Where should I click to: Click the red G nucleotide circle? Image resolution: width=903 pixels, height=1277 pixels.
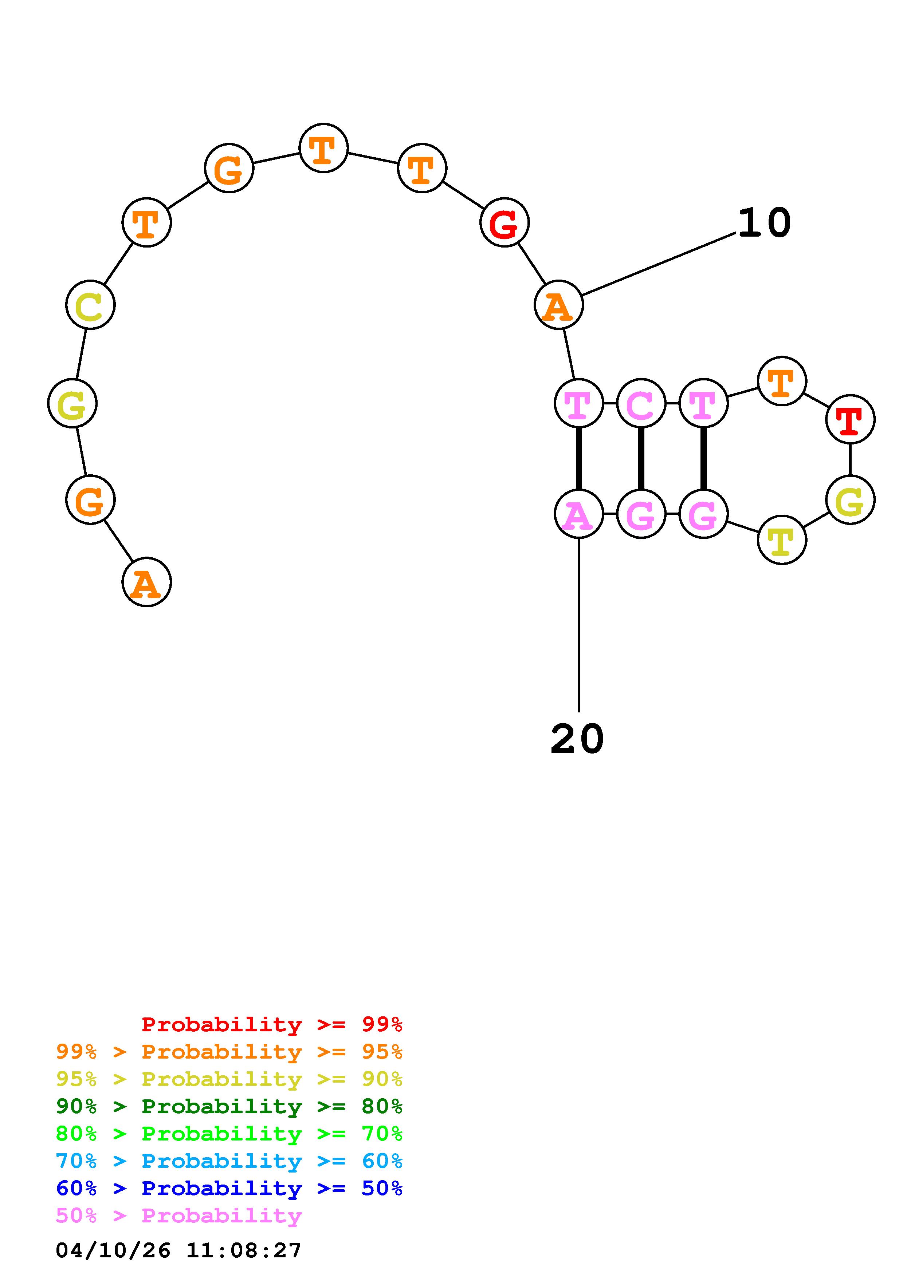(x=504, y=222)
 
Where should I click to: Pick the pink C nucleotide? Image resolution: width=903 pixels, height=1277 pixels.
(x=641, y=403)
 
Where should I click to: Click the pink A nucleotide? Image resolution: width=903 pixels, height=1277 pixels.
(x=579, y=514)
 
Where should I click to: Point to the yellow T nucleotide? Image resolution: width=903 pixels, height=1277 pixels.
(x=782, y=539)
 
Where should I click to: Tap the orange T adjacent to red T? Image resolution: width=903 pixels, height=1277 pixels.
(x=782, y=381)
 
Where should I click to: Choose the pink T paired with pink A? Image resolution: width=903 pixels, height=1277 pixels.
(x=579, y=403)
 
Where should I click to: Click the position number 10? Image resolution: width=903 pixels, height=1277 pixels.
(x=764, y=223)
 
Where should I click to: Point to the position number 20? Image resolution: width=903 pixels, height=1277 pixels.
(x=577, y=739)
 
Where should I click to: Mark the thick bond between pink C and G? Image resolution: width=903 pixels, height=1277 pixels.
(x=641, y=458)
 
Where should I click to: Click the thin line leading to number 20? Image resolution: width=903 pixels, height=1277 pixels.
(x=579, y=623)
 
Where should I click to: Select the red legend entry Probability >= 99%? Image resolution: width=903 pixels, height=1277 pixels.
(x=271, y=1024)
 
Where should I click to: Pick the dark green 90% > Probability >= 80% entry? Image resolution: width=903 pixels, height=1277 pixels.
(x=229, y=1106)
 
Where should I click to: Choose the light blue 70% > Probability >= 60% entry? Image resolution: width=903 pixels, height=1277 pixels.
(x=229, y=1161)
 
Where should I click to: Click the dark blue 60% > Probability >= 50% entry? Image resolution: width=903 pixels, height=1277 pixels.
(x=229, y=1189)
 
